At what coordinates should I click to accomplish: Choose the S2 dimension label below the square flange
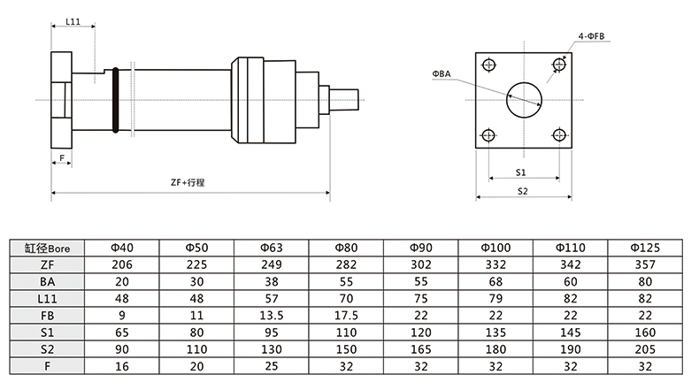521,190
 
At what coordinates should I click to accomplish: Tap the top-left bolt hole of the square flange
488,63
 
